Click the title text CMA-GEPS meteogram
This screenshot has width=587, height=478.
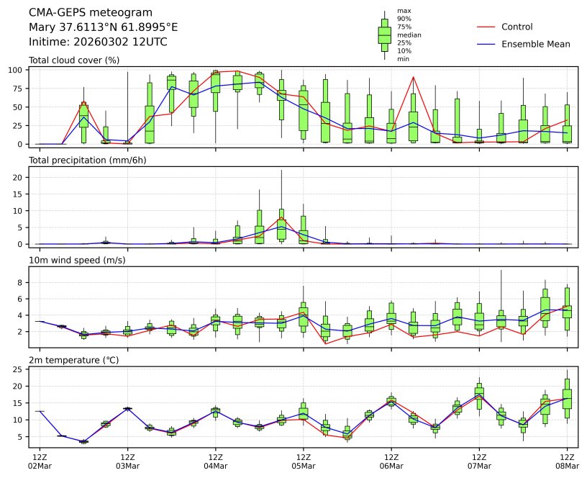tap(90, 13)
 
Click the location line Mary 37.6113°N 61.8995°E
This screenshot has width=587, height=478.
tap(103, 27)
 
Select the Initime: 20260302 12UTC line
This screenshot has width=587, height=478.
tap(98, 42)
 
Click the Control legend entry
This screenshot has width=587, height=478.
tap(517, 27)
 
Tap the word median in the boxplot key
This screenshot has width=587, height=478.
tap(409, 35)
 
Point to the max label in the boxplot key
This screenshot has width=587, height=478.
tap(404, 11)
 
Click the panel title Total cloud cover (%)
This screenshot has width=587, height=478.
tap(73, 60)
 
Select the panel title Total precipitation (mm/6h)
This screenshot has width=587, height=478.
tap(87, 160)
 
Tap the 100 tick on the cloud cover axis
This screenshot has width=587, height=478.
tap(14, 70)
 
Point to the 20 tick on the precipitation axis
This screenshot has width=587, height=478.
tap(17, 177)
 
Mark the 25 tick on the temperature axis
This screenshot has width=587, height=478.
tap(17, 369)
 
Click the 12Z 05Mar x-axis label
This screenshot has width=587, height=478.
tap(303, 461)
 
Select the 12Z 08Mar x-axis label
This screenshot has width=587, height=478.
tap(568, 461)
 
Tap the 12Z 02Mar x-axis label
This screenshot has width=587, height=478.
tap(39, 461)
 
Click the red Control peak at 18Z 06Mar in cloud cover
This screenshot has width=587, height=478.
tap(413, 77)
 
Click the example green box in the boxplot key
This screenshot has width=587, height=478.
tap(385, 35)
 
